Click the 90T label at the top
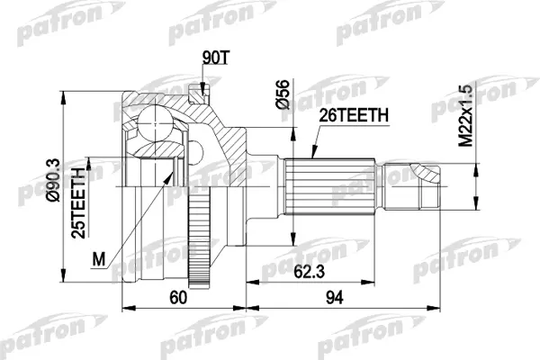(x=215, y=58)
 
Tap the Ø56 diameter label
(x=284, y=94)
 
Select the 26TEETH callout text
(x=354, y=115)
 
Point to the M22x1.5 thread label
(x=465, y=116)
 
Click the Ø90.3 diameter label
(x=53, y=181)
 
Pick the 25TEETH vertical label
(x=77, y=202)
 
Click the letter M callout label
(x=99, y=259)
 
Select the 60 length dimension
(x=178, y=297)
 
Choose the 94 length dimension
(x=335, y=297)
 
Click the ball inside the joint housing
(x=155, y=122)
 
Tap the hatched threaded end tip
(x=427, y=173)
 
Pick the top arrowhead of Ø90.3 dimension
(x=63, y=98)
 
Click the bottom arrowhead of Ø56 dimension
(x=293, y=238)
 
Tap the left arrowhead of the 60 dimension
(x=129, y=308)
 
